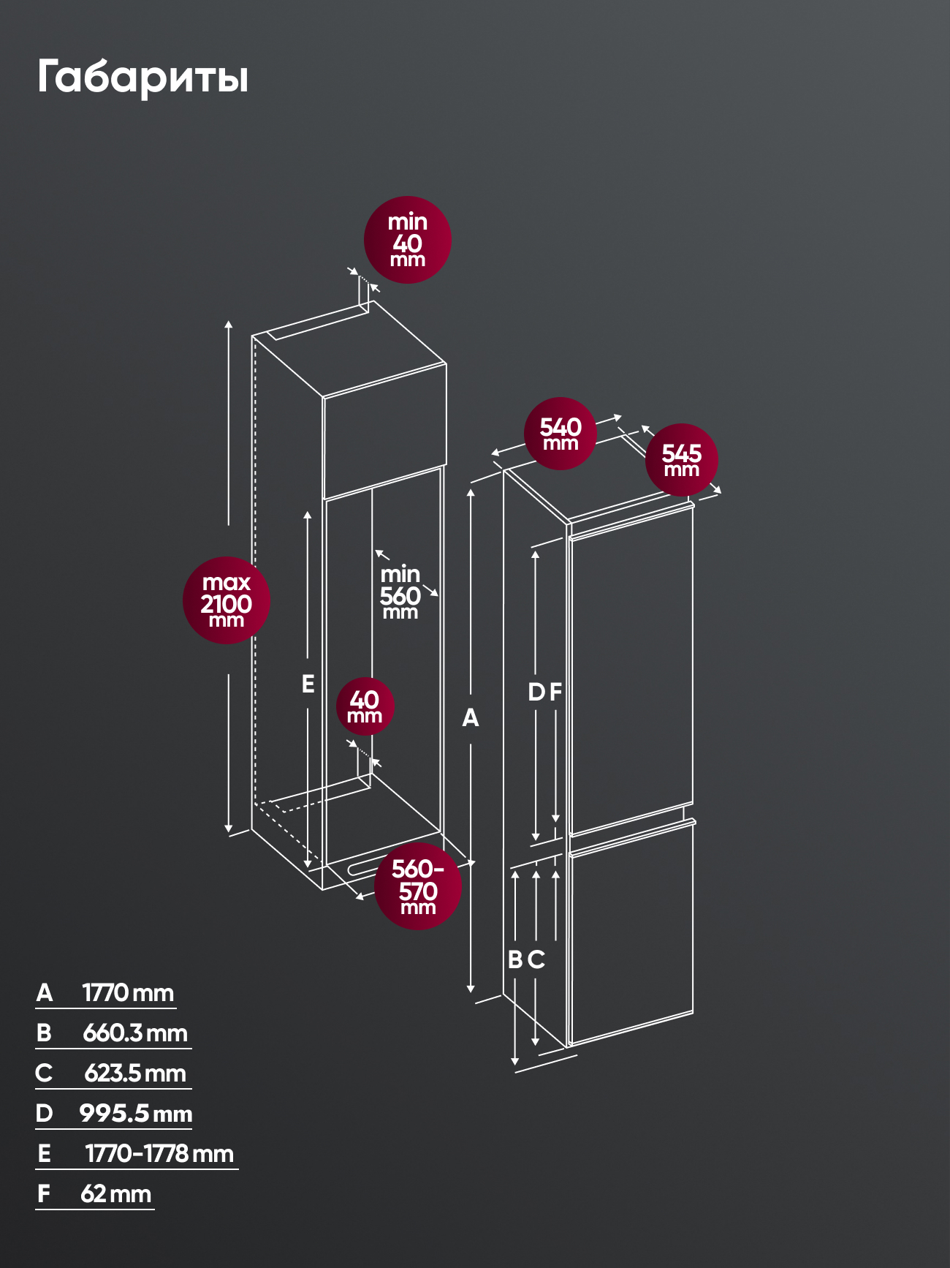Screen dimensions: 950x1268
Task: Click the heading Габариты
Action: point(142,77)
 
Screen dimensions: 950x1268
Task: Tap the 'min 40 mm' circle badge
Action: point(408,240)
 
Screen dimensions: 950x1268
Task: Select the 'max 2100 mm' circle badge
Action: point(227,600)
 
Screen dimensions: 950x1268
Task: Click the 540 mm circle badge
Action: point(560,434)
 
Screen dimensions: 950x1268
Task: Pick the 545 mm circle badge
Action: point(682,460)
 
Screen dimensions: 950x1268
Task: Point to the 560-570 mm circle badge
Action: point(418,886)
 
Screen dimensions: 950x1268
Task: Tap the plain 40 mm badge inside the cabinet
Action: point(365,706)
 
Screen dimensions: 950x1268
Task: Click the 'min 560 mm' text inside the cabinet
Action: point(400,592)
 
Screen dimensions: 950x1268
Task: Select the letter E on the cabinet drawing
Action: point(308,684)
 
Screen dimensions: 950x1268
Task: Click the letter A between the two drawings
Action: point(471,717)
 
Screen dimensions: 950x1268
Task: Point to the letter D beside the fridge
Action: point(536,692)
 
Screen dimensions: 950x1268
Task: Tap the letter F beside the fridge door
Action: point(555,692)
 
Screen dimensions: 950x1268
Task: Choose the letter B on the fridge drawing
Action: point(515,959)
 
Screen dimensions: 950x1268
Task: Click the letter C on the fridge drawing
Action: point(536,959)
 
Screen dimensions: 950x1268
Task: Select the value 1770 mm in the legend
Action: point(128,993)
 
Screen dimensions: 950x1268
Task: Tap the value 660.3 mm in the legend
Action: point(135,1033)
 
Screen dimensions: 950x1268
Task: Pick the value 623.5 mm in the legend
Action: point(135,1073)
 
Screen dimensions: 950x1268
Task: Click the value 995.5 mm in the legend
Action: point(136,1114)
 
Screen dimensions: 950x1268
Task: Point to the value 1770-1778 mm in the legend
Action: point(159,1154)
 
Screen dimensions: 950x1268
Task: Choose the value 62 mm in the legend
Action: point(116,1194)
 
